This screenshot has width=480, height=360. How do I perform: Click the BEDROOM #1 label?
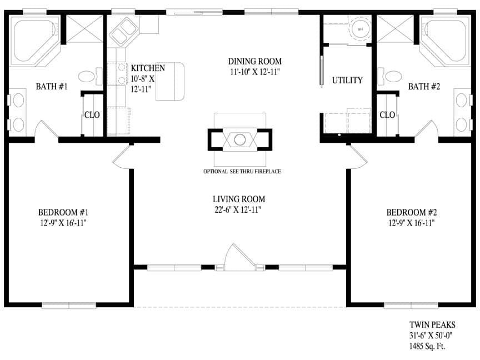tap(63, 212)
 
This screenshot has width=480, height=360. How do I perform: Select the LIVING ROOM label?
tap(238, 199)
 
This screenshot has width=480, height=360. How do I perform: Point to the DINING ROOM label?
tap(254, 61)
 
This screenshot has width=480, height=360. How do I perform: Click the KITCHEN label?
tap(148, 68)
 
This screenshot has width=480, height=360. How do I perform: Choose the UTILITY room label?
tap(347, 80)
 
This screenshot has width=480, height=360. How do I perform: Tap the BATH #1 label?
tap(52, 87)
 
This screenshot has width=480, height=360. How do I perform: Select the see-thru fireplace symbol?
tap(239, 139)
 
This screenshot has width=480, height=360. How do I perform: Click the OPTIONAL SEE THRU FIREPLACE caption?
tap(242, 172)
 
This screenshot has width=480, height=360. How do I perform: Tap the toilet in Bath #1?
tap(88, 76)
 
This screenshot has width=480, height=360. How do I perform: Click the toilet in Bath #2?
tap(392, 76)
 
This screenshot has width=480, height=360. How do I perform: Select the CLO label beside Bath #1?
tap(92, 115)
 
